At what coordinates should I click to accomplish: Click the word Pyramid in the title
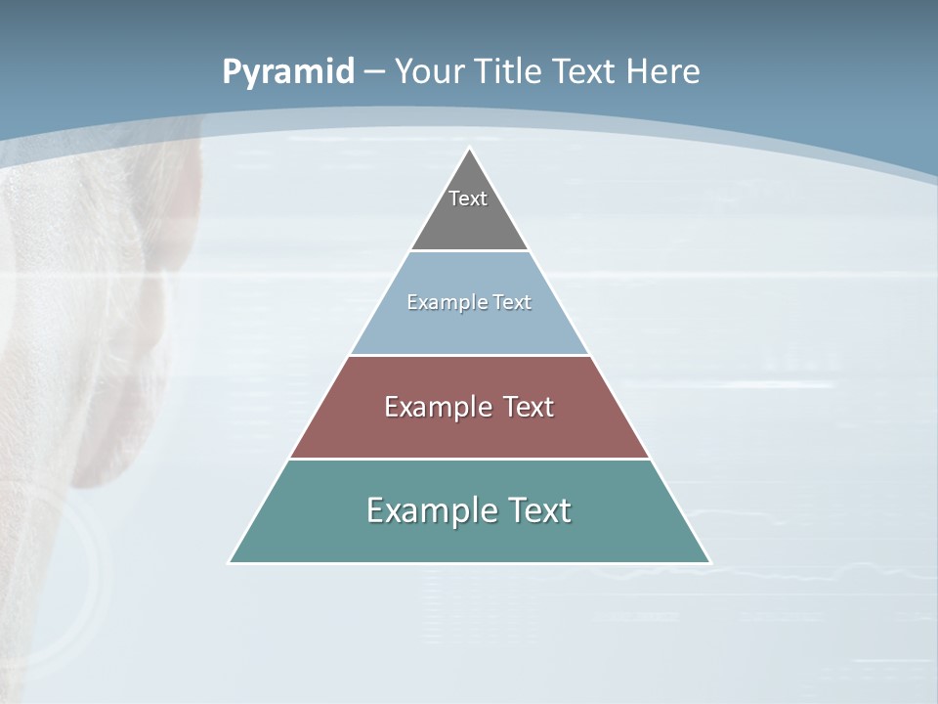[x=287, y=72]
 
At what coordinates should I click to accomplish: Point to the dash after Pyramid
[x=374, y=72]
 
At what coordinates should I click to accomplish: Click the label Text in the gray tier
[x=468, y=198]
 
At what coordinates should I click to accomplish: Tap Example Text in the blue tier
[x=469, y=302]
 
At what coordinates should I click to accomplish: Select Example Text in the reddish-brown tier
[x=469, y=407]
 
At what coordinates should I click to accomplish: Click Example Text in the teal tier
[x=469, y=510]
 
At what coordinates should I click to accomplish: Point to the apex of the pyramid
[x=470, y=150]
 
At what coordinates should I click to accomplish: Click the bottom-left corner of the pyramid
[x=231, y=561]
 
